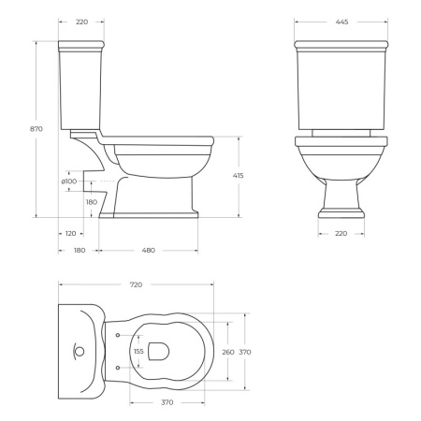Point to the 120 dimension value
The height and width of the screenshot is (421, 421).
pos(71,233)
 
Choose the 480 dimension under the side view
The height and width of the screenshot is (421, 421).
pos(148,250)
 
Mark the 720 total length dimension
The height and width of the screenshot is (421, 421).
pos(136,283)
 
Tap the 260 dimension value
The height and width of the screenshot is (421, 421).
pos(227,352)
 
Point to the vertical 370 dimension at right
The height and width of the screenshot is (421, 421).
pos(245,352)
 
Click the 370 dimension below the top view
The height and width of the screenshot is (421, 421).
pos(167,402)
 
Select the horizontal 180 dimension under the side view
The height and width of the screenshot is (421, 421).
pos(80,250)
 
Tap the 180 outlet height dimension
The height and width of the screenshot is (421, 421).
pos(91,202)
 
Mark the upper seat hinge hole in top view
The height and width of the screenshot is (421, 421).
pos(117,335)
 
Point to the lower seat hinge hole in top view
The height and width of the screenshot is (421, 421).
pos(117,368)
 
